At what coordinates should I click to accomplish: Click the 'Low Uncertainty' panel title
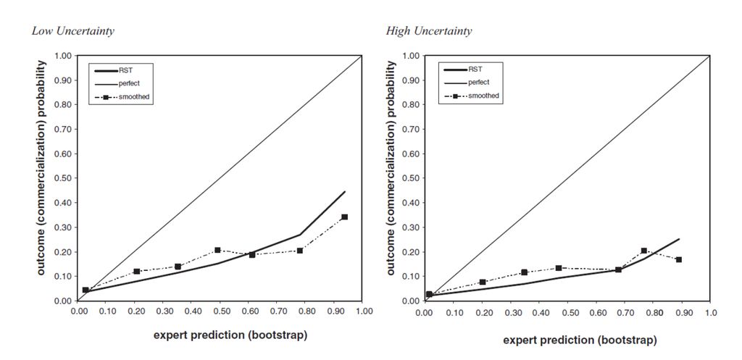point(72,31)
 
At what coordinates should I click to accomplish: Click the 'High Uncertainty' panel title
point(429,31)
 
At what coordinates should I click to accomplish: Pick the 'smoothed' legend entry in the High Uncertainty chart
point(483,95)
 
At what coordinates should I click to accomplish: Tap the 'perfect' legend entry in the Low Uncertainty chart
point(129,83)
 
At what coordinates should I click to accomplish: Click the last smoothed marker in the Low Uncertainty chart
point(344,217)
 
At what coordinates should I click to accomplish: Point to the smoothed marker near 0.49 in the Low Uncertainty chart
point(217,250)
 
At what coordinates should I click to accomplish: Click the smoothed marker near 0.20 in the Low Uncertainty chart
point(136,271)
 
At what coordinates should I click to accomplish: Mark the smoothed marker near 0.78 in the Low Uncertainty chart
point(299,251)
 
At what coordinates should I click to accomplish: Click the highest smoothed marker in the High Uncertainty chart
point(643,251)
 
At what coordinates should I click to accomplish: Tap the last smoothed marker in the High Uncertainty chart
point(679,259)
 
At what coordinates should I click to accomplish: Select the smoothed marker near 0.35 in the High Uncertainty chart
point(524,272)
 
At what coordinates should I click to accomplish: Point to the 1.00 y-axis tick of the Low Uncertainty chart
point(63,56)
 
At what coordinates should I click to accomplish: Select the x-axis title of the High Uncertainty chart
point(580,340)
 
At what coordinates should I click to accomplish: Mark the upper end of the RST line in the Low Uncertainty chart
point(345,192)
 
